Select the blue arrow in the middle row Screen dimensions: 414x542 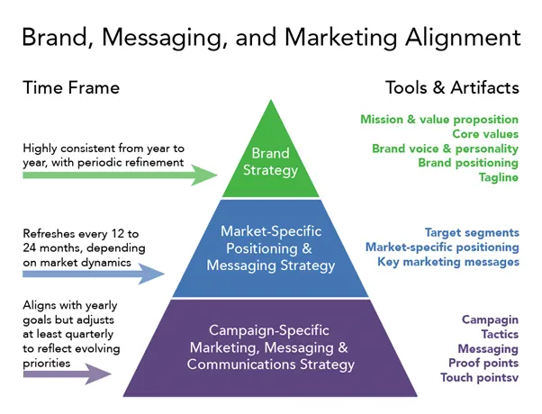90,275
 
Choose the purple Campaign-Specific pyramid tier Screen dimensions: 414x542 270,346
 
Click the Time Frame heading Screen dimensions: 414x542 71,87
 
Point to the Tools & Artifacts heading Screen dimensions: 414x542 452,87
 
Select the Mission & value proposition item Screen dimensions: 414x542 438,119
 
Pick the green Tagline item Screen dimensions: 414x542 499,177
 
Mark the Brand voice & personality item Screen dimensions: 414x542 445,148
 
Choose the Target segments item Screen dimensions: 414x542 472,232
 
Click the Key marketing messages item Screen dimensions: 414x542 447,261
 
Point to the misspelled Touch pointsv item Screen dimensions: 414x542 479,377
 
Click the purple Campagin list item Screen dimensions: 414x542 490,319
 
